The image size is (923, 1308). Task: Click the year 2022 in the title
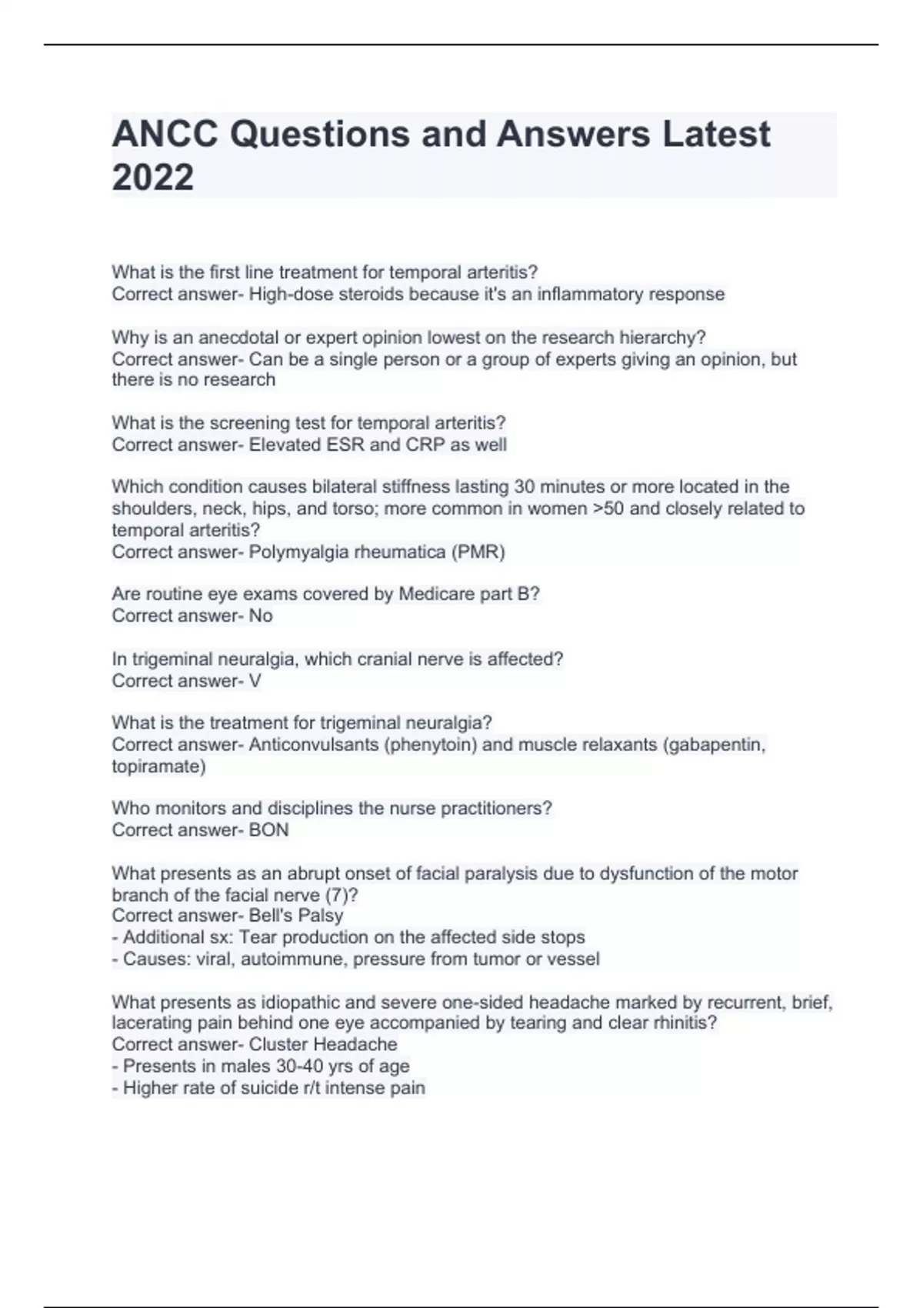(152, 177)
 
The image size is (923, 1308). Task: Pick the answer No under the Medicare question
(261, 616)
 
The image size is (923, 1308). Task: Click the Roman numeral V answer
(255, 681)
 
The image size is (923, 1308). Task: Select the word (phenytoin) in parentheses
(430, 745)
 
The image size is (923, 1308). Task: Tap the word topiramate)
(158, 766)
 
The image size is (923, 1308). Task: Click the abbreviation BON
(268, 830)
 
